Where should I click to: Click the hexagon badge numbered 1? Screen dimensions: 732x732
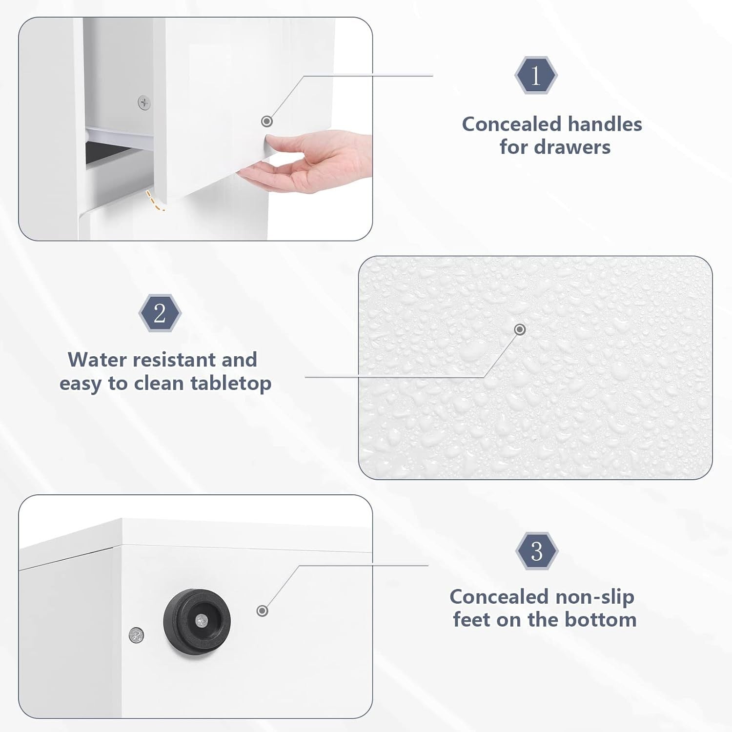click(536, 75)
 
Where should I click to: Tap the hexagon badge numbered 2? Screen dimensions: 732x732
click(160, 313)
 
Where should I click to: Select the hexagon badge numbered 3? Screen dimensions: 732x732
click(537, 551)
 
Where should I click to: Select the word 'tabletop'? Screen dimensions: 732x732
click(231, 384)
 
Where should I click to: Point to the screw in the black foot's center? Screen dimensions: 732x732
click(201, 620)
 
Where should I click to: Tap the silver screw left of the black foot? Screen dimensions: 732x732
click(136, 635)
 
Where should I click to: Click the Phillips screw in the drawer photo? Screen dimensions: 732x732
click(144, 103)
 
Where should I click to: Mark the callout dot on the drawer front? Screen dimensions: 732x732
click(266, 121)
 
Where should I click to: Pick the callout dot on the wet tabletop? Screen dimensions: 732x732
click(520, 329)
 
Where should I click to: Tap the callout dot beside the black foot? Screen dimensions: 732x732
click(263, 610)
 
